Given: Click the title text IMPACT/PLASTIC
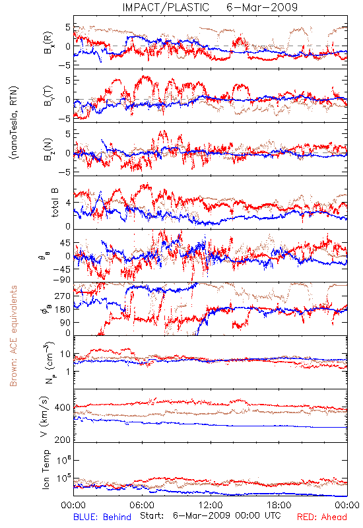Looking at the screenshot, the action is click(166, 7).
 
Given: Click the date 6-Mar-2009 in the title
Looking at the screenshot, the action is click(262, 7).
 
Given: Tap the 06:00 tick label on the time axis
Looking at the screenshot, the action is click(142, 505).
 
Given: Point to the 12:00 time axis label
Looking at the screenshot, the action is click(211, 505).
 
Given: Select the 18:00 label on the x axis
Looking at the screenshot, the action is click(279, 505).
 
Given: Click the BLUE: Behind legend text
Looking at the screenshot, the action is click(102, 517).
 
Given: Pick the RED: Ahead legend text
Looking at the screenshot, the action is click(322, 517).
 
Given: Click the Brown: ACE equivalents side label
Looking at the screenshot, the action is click(13, 336).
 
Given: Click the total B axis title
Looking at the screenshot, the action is click(55, 203).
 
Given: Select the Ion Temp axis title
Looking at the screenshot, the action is click(46, 469).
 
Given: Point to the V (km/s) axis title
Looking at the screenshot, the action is click(45, 416).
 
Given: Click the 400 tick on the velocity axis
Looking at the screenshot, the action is click(63, 408).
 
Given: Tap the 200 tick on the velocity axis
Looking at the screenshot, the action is click(63, 440).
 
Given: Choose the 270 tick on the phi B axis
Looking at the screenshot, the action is click(63, 296).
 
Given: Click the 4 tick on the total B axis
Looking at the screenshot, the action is click(69, 203).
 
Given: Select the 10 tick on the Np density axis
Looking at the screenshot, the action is click(65, 354).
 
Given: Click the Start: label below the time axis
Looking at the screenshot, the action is click(152, 515).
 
